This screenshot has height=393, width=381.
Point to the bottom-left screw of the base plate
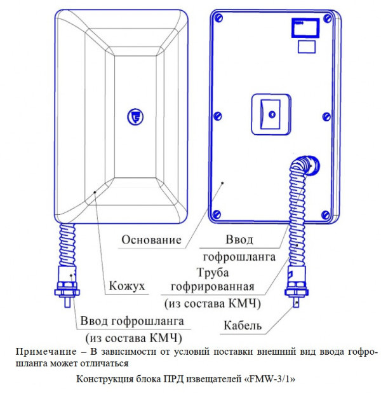click(x=217, y=214)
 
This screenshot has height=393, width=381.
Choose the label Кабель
click(x=242, y=326)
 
